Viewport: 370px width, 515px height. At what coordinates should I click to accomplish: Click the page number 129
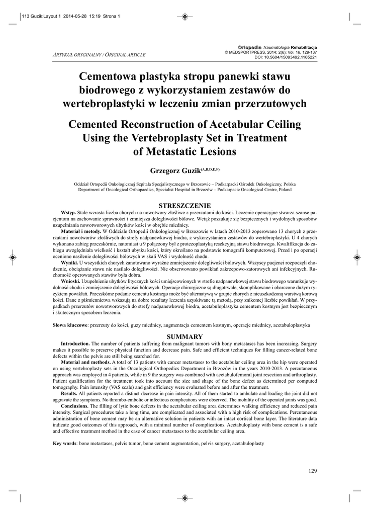311,470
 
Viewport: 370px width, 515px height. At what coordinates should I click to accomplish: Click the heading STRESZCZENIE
184,206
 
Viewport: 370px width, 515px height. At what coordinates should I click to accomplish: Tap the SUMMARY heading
184,336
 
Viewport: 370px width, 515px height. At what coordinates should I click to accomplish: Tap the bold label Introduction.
75,344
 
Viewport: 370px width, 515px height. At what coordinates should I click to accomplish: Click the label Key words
65,444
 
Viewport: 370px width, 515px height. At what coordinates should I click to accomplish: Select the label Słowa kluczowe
70,325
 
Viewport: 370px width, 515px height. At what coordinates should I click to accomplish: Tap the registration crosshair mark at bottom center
184,498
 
